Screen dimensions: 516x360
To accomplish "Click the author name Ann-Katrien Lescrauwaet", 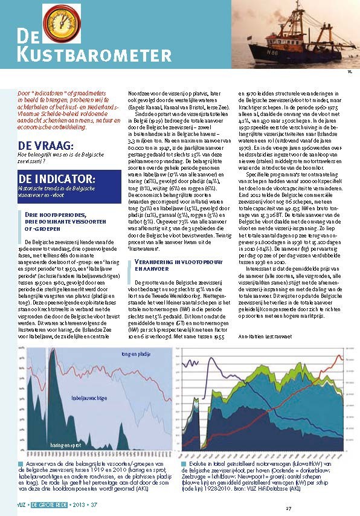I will click(265, 335).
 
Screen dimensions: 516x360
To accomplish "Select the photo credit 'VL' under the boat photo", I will click(349, 72).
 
